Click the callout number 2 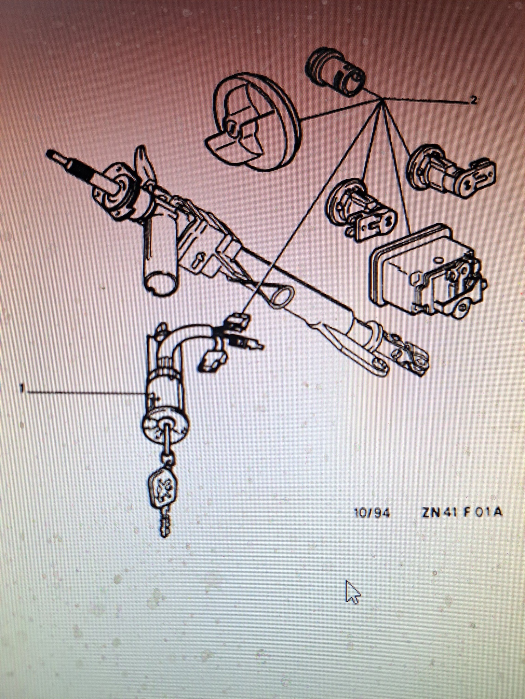tap(473, 100)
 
